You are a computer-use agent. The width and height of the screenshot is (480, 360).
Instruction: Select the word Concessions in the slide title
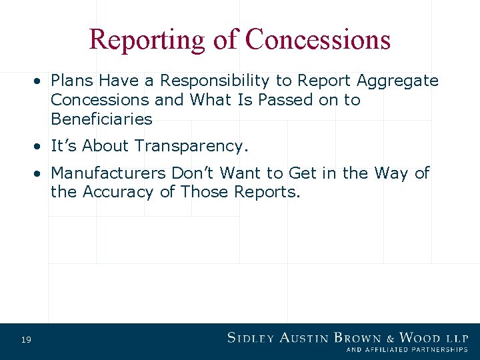coord(317,39)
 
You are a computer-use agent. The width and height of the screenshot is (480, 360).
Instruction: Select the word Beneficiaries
coord(101,120)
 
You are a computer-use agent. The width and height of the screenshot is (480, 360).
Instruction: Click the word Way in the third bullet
coord(391,173)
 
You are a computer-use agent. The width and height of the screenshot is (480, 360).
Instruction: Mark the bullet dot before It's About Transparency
coord(41,145)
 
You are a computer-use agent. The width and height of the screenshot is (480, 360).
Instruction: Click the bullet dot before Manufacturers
coord(41,173)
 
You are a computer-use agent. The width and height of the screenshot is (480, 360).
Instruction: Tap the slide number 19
coord(26,341)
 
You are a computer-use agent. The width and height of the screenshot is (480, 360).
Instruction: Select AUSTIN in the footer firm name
coord(304,337)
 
